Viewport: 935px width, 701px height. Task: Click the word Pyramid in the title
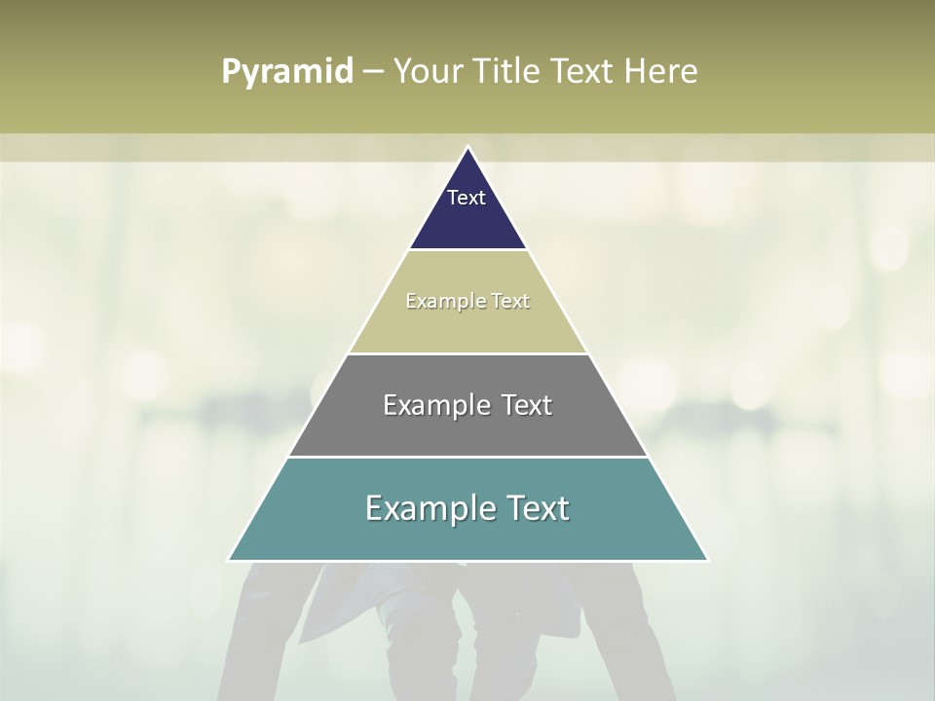click(x=287, y=72)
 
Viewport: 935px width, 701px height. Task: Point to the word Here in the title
click(x=661, y=72)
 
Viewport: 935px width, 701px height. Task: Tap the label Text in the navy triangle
click(x=467, y=198)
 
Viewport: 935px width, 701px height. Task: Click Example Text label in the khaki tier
click(x=467, y=301)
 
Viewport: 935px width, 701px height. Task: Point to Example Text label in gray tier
click(x=467, y=405)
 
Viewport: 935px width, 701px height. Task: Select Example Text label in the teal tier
click(x=467, y=508)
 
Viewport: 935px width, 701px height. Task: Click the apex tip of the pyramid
click(x=468, y=148)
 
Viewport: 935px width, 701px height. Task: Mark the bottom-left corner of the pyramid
click(x=230, y=560)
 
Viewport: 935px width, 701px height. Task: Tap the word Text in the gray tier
click(x=522, y=405)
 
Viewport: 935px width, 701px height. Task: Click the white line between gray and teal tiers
click(x=467, y=457)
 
